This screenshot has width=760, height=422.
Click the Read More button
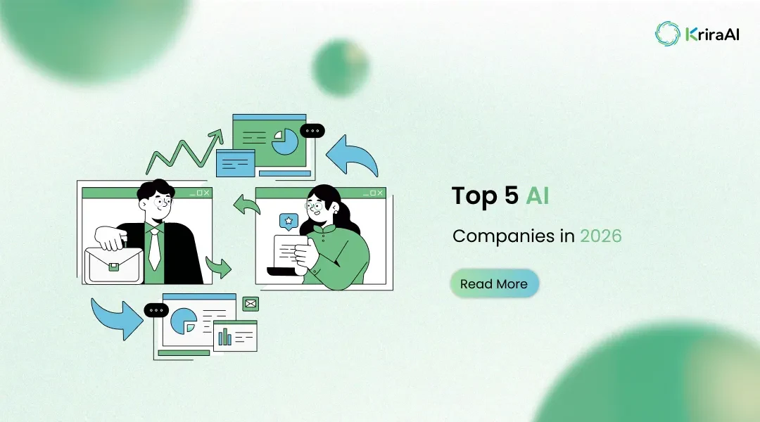[494, 284]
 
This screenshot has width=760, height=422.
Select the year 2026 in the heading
[600, 236]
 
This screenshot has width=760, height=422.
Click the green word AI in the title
[537, 196]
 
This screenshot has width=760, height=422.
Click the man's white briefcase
[113, 264]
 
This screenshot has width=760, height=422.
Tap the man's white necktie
[154, 249]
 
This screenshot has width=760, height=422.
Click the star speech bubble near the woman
[287, 222]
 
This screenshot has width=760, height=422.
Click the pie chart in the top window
[284, 141]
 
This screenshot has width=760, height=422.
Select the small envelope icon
[251, 304]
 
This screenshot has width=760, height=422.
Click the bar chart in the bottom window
[225, 337]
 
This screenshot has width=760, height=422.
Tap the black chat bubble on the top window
[312, 131]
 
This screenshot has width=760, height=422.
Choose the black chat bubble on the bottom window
[156, 310]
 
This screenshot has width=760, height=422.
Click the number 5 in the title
[512, 196]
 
